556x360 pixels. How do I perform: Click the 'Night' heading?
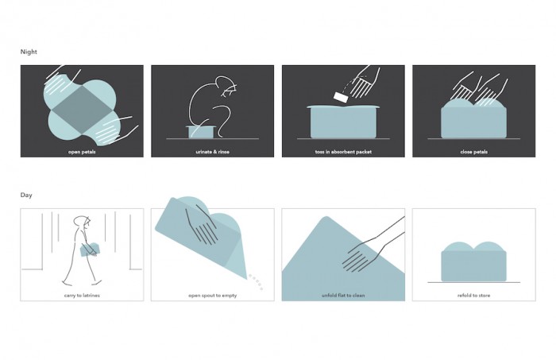pos(29,52)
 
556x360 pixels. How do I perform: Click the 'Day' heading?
pos(26,195)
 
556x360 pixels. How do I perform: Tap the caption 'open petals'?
pos(82,152)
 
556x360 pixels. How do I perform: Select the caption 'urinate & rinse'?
pos(212,152)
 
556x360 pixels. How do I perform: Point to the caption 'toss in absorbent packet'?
pos(343,152)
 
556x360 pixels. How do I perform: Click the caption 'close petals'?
pos(473,152)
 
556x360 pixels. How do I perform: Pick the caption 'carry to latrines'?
pos(82,296)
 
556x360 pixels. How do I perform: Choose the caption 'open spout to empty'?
pos(212,296)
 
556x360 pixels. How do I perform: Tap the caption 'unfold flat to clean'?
pos(343,296)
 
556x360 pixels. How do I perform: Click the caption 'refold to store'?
pos(473,296)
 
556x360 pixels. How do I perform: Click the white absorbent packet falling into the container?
pos(341,98)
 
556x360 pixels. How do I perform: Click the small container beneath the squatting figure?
pos(201,132)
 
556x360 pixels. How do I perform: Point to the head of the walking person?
pos(83,222)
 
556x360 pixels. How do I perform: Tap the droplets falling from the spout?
pos(256,282)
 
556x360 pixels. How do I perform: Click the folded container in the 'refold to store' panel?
pos(473,261)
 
